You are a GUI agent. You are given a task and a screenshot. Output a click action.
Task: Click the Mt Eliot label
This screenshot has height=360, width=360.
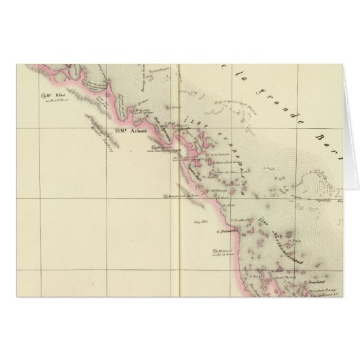coord(56,95)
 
